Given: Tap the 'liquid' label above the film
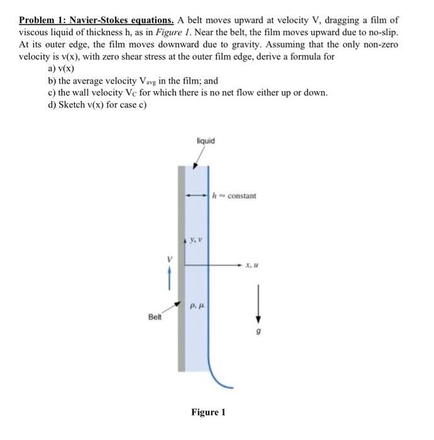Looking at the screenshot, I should point(205,141).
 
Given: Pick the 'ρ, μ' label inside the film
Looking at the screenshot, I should point(197,304).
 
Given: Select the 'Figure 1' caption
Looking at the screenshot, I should point(208,412).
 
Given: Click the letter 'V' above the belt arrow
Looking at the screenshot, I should point(168,258).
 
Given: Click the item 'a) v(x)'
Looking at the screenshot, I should point(61,69).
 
